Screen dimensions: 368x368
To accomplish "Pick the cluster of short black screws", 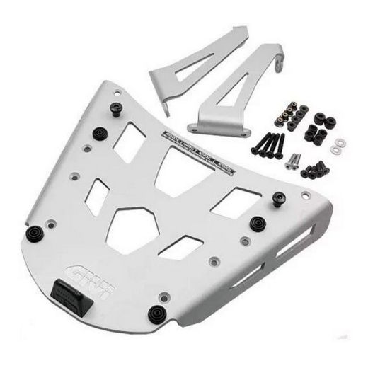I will pyautogui.click(x=312, y=169).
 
